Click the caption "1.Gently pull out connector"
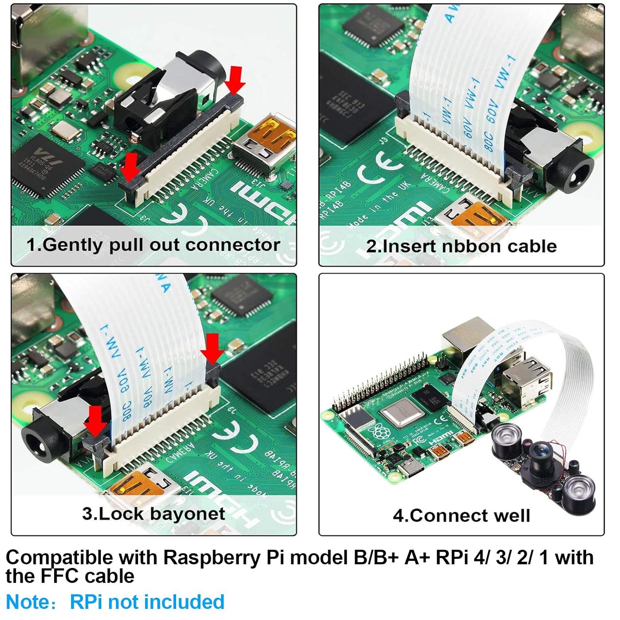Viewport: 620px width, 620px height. click(153, 245)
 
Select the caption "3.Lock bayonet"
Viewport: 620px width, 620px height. click(153, 514)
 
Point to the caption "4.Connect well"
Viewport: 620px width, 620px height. click(461, 515)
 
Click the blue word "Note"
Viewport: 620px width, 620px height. click(27, 602)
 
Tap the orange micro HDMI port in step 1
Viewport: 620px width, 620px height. click(275, 133)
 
